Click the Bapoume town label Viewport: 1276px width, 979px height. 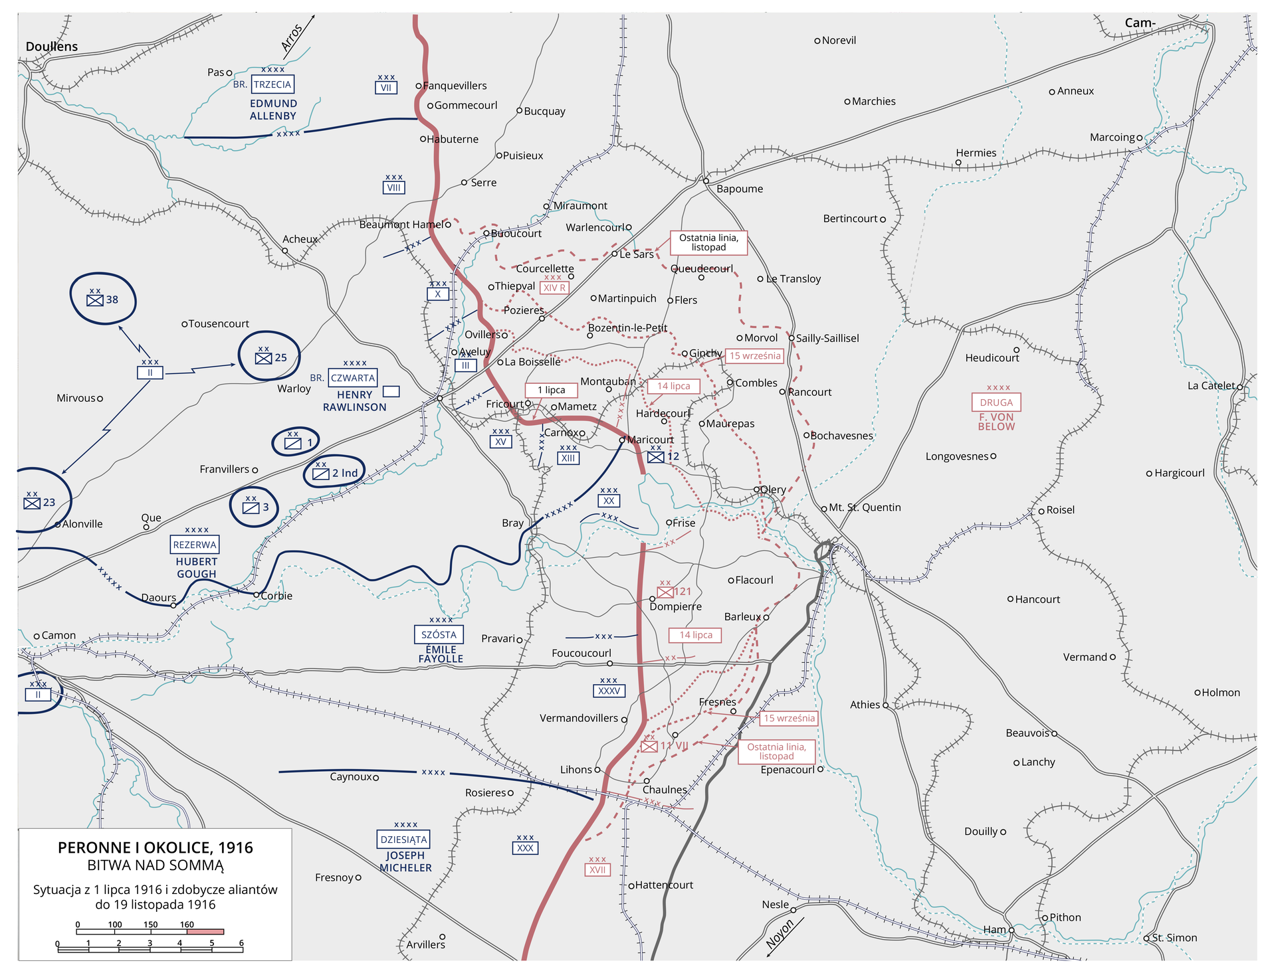coord(739,189)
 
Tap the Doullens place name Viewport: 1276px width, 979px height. coord(52,46)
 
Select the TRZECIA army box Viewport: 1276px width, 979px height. coord(272,84)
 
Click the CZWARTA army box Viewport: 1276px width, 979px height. coord(353,378)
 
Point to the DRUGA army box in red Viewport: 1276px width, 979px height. coord(996,402)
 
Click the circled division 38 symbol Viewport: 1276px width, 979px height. coord(103,300)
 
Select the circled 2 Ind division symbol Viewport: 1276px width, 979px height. coord(335,472)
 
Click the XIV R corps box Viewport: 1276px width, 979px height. coord(554,288)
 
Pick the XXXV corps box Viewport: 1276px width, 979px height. coord(609,691)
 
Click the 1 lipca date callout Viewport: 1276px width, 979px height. coord(551,390)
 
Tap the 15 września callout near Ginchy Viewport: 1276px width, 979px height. coord(755,356)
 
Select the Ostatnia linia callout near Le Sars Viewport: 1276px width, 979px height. coord(708,242)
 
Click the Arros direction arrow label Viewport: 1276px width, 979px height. coord(292,38)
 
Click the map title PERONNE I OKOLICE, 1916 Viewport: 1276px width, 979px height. coord(156,847)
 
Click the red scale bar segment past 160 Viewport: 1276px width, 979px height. coord(205,932)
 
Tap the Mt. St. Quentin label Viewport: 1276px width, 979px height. coord(865,507)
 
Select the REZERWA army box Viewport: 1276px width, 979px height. coord(195,545)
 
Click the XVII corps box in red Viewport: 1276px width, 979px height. coord(597,870)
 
